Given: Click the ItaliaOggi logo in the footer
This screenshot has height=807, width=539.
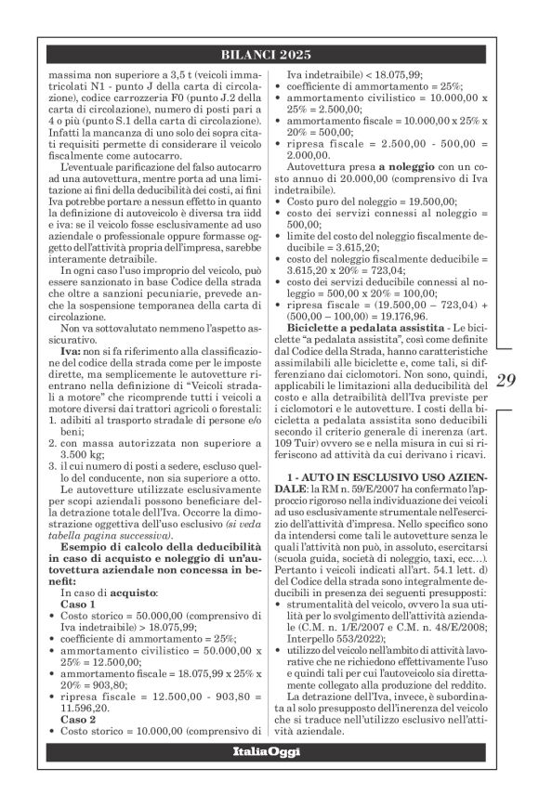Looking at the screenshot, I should (x=269, y=775).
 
